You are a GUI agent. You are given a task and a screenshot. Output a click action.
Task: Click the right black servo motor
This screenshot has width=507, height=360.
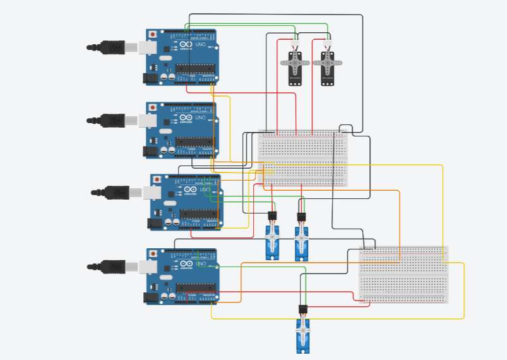(x=327, y=68)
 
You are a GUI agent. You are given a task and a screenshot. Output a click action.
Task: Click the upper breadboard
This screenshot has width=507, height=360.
(x=303, y=158)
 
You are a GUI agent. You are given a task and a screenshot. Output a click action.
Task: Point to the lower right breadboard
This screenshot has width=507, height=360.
(x=403, y=275)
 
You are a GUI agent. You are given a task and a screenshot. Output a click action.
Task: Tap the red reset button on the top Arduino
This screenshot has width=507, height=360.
(x=153, y=33)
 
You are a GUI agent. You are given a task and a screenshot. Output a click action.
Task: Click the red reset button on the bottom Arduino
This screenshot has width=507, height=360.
(x=153, y=253)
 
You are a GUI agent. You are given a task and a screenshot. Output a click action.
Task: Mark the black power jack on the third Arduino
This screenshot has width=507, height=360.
(x=154, y=223)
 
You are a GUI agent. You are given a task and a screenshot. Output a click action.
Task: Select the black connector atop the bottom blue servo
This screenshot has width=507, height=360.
(x=303, y=309)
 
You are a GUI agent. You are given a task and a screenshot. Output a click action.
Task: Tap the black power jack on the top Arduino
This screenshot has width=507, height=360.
(x=150, y=78)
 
